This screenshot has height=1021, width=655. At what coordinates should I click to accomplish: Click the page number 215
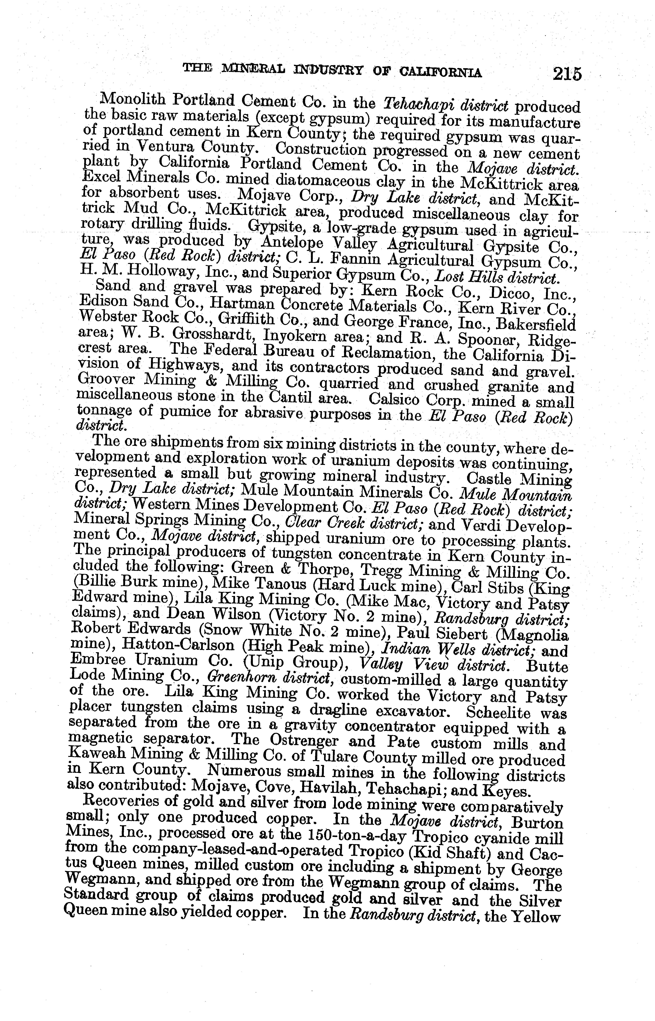[x=567, y=74]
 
